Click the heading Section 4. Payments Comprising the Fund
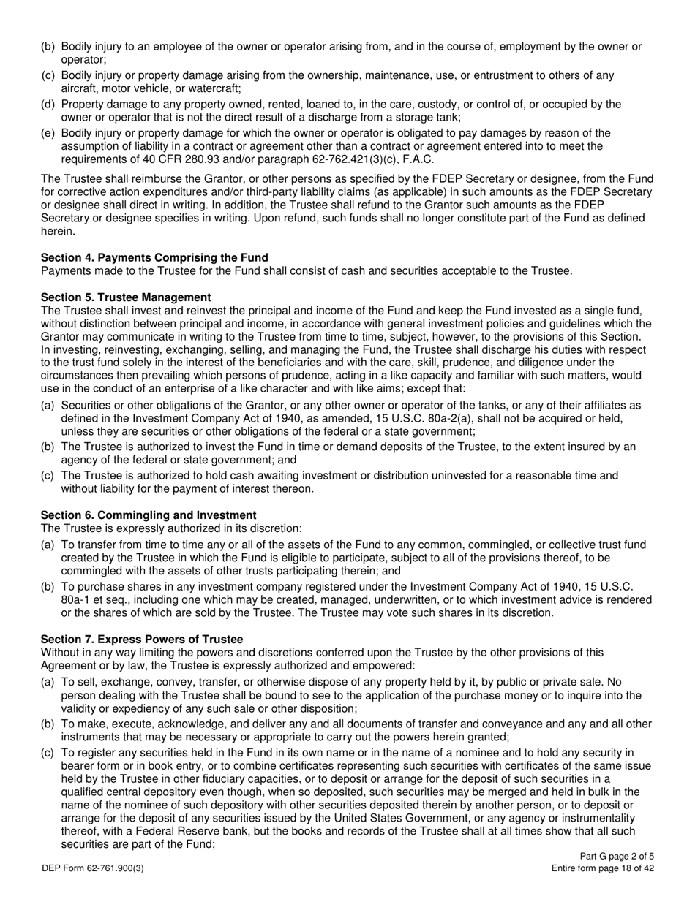point(154,257)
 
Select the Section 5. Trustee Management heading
point(126,297)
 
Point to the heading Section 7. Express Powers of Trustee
point(142,639)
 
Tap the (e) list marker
point(48,133)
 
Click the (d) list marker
point(48,105)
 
